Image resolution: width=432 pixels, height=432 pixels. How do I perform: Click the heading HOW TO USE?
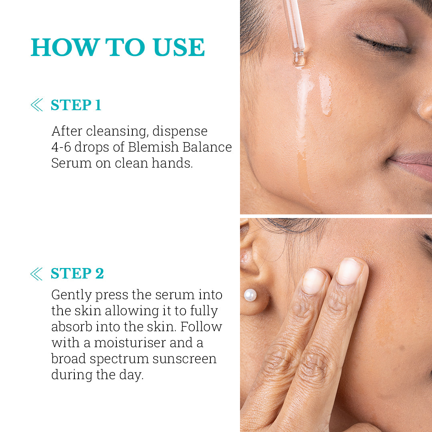118,48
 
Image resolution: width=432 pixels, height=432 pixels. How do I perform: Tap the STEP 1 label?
76,105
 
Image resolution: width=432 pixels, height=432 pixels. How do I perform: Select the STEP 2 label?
77,274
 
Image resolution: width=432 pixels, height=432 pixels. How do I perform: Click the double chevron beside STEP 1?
37,105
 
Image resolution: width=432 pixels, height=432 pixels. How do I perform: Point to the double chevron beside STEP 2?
37,274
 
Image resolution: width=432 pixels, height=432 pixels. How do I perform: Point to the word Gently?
72,295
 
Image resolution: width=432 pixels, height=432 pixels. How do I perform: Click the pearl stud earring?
250,295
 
